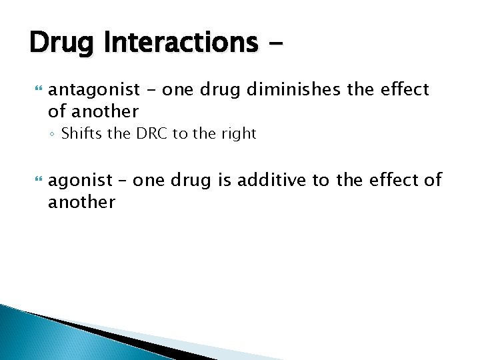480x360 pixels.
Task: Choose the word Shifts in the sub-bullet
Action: pyautogui.click(x=82, y=133)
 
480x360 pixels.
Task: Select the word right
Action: pyautogui.click(x=236, y=134)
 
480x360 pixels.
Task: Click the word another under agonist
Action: pyautogui.click(x=81, y=202)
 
